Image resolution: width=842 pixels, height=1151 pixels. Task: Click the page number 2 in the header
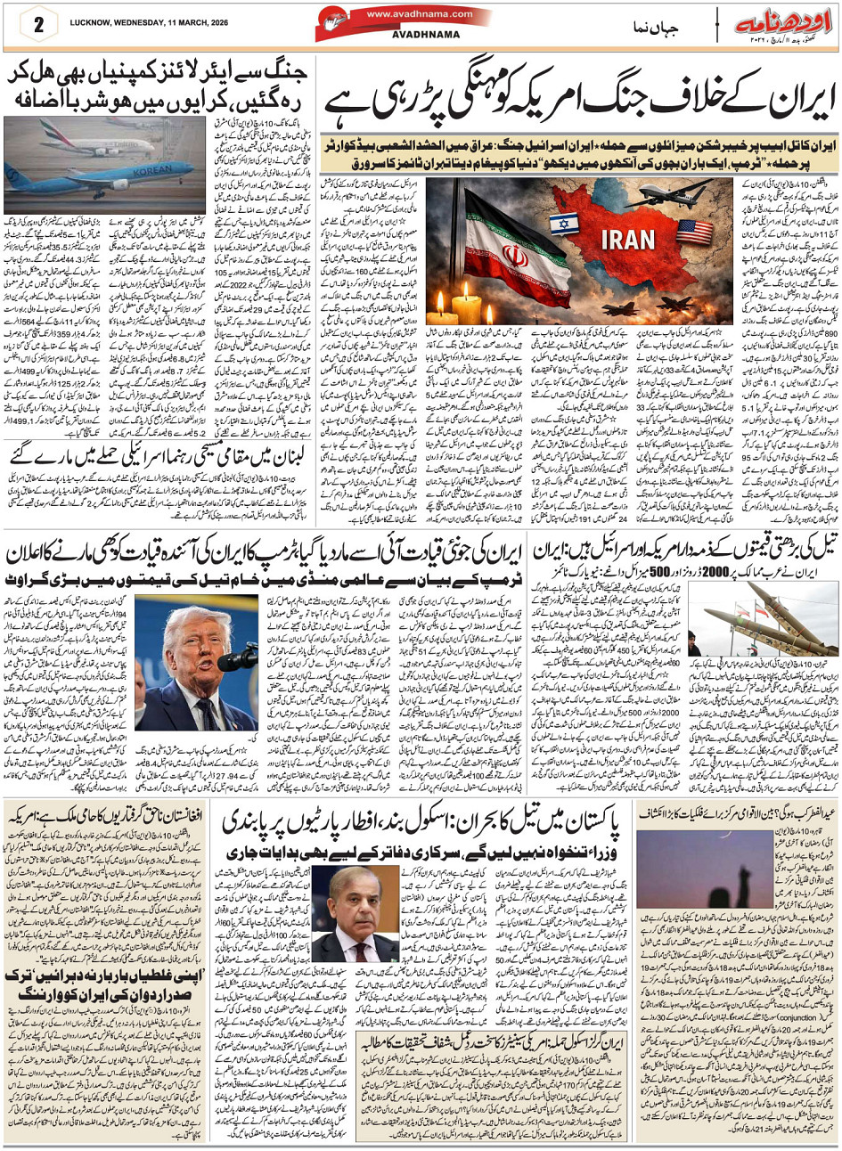(38, 24)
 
